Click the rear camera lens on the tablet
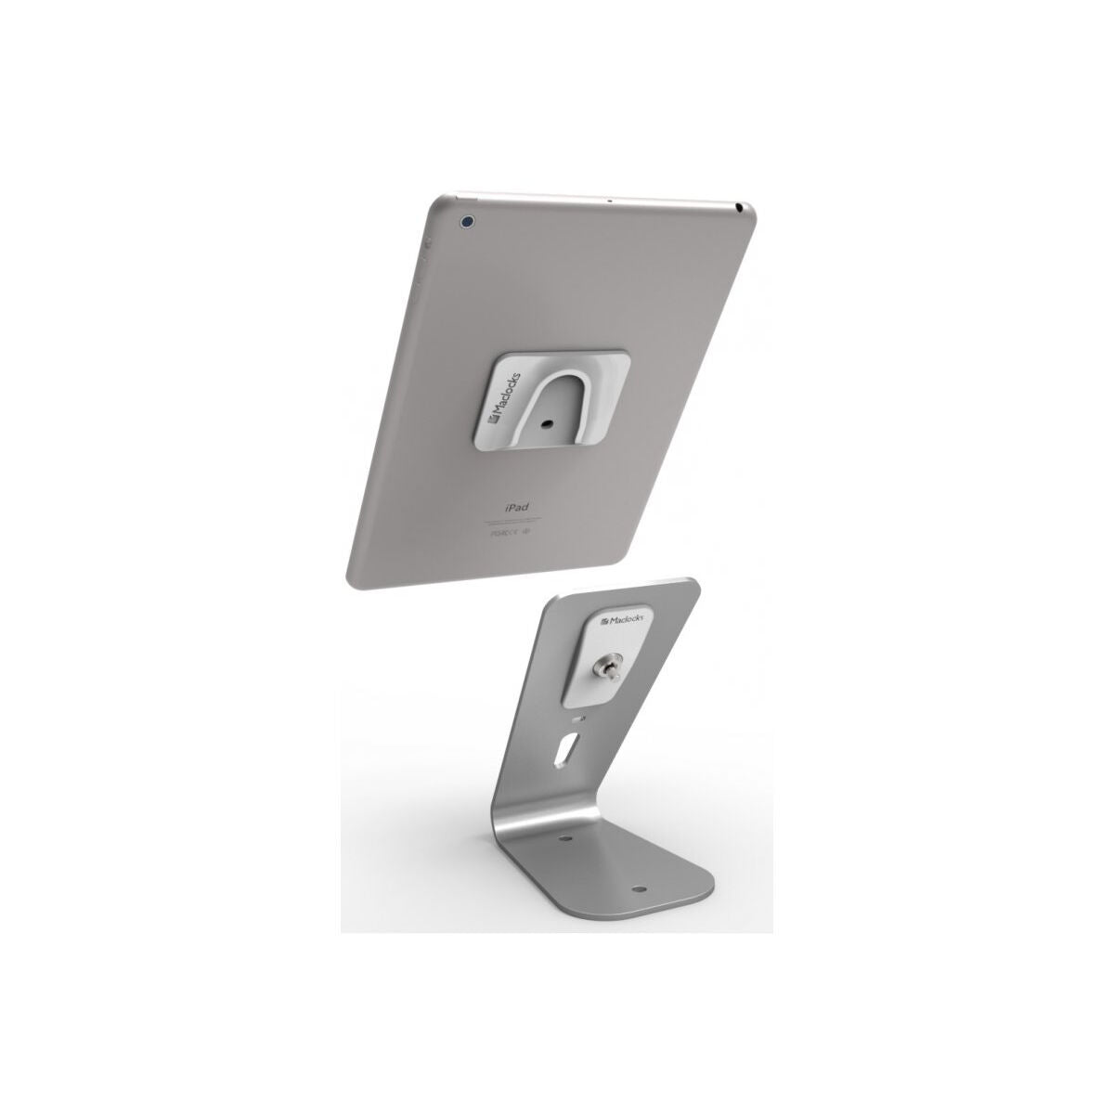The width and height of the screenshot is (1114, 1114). tap(468, 222)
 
